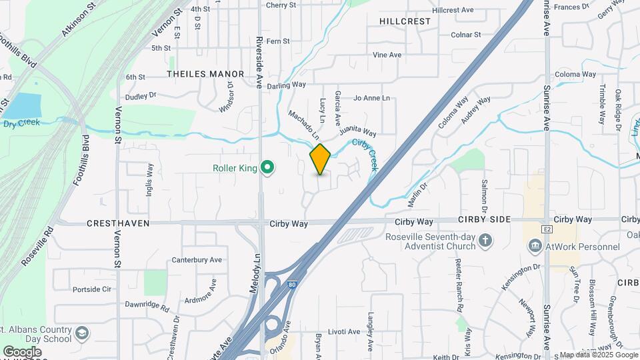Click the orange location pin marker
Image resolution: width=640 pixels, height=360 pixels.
coord(320,159)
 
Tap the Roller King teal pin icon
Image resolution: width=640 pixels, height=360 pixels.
coord(267,167)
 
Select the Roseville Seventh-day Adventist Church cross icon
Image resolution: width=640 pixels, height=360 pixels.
coord(487,241)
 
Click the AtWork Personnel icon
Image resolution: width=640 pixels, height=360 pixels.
coord(535,247)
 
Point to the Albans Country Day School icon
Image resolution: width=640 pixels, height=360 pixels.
coord(82,333)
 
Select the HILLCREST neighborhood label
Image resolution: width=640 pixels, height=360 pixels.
coord(405,21)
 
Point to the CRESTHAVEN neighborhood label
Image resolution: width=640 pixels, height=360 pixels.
coord(118,224)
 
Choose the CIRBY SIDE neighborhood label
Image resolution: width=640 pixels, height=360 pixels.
coord(484,219)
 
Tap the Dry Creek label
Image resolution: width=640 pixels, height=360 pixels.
coord(21,123)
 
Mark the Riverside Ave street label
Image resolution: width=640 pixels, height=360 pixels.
coord(260,53)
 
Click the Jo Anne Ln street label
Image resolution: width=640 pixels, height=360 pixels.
coord(371,98)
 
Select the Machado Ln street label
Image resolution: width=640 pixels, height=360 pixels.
coord(304,124)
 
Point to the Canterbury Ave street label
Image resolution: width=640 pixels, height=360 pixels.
coord(197,259)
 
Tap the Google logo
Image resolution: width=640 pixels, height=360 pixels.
coord(22,351)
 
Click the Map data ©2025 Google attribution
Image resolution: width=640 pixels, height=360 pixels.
coord(598,355)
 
